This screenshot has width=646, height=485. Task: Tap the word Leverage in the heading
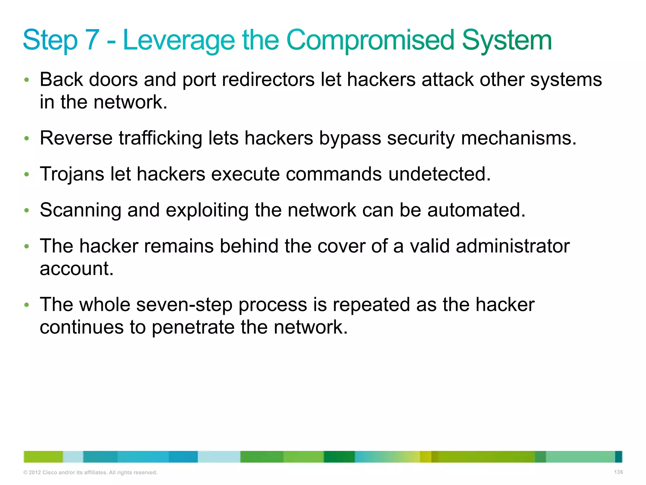179,40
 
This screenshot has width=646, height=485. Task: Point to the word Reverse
76,138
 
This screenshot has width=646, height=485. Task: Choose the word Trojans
72,174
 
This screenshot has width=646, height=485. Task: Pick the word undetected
439,174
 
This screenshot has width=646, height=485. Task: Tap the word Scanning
80,210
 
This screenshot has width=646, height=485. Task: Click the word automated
476,210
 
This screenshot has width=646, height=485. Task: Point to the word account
76,269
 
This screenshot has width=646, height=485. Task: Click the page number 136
618,472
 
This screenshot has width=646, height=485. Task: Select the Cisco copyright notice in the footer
90,473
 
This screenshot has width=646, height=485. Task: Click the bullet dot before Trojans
27,174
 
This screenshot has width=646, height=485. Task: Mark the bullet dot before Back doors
27,80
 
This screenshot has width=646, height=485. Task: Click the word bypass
350,138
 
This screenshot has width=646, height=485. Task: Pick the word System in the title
507,40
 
